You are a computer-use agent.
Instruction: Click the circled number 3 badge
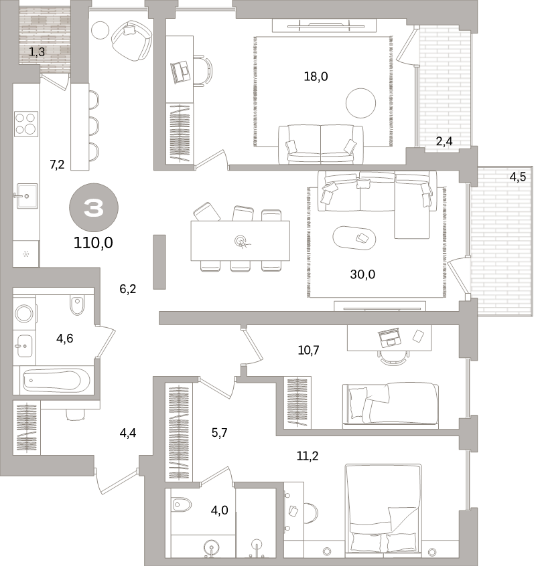coord(94,209)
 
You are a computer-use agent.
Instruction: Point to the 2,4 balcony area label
coord(445,141)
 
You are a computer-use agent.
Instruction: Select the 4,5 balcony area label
coord(517,178)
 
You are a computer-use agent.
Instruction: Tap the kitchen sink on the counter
coord(25,196)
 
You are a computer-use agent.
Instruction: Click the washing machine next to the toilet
coord(25,312)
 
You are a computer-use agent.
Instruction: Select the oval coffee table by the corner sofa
coord(354,238)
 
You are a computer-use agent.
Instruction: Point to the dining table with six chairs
coord(240,240)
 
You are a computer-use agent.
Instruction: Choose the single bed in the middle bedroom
coord(390,404)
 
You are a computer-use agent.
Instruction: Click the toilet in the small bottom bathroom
coord(181,504)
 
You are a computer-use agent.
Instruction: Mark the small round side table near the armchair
coord(100,30)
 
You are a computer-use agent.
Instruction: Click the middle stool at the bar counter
coord(92,125)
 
